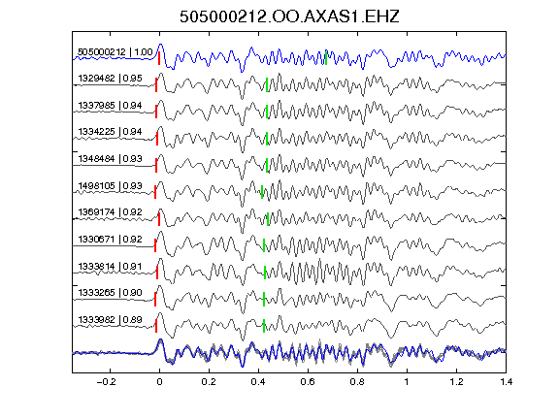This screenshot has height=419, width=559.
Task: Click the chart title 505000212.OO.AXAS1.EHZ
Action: coord(289,16)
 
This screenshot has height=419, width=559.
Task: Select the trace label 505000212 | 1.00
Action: coord(115,52)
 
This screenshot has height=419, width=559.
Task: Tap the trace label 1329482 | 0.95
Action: coord(111,79)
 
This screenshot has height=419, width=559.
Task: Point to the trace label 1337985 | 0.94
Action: coord(111,106)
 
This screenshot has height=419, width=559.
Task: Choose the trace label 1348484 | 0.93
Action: coord(111,158)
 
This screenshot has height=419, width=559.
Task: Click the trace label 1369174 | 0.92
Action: coord(111,212)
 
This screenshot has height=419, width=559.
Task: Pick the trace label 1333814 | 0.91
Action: coord(111,267)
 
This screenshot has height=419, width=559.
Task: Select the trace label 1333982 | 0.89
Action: coord(111,320)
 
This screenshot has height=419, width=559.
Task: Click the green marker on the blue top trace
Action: coord(326,58)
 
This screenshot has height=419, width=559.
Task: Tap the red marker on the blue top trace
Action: coord(159,58)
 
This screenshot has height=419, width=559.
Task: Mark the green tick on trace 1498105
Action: coord(262,192)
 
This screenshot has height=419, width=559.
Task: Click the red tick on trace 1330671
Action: coord(155,245)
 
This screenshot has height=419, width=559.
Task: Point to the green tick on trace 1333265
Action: coord(264,299)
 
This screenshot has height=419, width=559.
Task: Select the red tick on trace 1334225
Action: coord(157,139)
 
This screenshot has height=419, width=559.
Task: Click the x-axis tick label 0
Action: coord(159,382)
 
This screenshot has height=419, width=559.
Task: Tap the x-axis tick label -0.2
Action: coord(106,382)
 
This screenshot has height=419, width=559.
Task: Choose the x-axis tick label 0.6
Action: coord(308,382)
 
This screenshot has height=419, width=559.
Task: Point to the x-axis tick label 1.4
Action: coord(506,382)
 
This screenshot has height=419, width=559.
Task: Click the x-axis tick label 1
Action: coord(407,382)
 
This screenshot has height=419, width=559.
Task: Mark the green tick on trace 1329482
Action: coord(267,84)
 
